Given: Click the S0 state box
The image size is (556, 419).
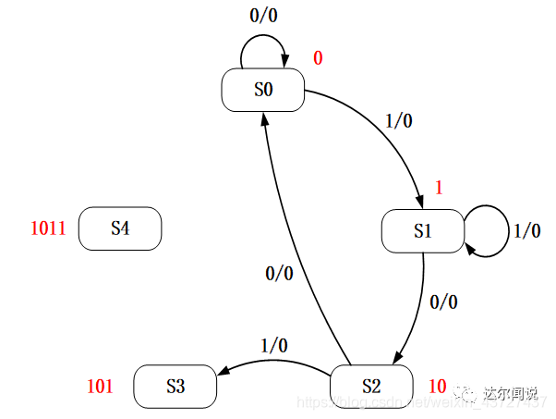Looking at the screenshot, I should point(263,90).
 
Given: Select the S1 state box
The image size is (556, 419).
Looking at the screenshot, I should point(423,230).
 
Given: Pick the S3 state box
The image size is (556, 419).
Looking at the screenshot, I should point(175,386).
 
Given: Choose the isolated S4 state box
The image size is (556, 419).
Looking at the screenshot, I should point(120,228).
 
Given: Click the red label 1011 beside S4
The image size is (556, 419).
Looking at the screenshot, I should point(48,228).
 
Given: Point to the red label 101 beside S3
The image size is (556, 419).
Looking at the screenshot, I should point(100,386).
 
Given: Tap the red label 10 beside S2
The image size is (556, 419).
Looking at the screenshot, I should point(438,385).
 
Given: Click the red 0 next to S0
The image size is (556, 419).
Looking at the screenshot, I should point(318,58).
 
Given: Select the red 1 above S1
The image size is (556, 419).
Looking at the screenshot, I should point(439,188).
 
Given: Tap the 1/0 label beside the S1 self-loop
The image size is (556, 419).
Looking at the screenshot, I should point(526,230).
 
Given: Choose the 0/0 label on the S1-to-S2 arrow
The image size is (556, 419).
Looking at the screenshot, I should point(443,302).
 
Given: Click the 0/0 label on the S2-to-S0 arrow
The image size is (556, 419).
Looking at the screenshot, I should point(279,273).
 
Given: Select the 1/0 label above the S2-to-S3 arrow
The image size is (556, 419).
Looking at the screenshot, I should point(273,345).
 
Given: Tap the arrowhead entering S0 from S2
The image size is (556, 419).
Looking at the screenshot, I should point(266,117).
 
